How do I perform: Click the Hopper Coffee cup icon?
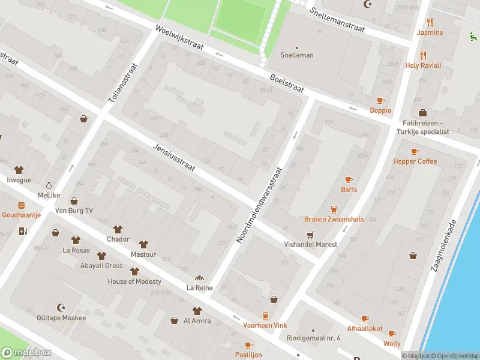415,151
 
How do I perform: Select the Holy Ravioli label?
423,65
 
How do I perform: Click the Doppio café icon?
380,100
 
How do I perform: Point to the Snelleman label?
296,55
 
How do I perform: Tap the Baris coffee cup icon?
349,179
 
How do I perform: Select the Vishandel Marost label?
310,244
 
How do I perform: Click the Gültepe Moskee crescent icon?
61,307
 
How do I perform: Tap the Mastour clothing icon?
143,244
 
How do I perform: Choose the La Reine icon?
199,278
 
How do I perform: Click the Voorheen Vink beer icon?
265,315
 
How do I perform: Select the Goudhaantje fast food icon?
21,205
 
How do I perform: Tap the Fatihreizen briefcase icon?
422,113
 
